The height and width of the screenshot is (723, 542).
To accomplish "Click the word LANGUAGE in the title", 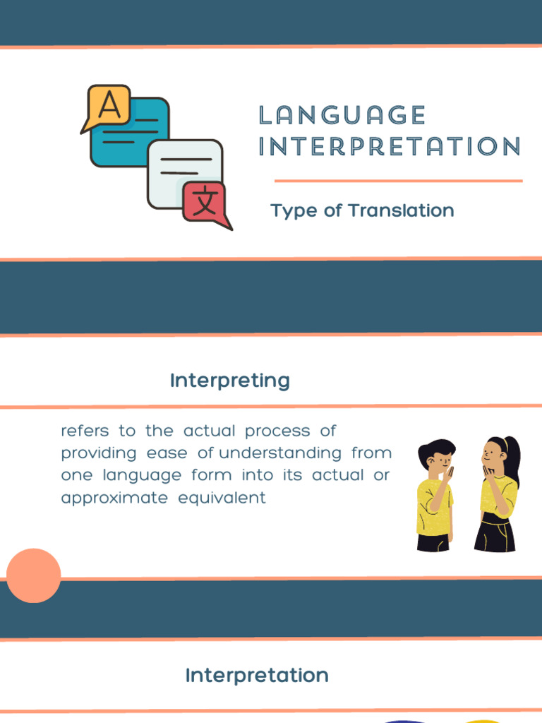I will point(342,115).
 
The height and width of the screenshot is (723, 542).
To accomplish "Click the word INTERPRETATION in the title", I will point(390,147).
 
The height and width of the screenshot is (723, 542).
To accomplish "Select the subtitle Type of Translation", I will point(362,210).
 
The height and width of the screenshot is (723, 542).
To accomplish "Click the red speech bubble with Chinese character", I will point(205,203).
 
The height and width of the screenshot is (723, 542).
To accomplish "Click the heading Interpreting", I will point(230,381).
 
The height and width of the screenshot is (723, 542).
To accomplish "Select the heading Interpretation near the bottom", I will point(257,676).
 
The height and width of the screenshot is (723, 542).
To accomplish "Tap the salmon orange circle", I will point(34,575).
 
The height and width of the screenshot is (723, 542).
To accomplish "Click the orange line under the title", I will point(398,181).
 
